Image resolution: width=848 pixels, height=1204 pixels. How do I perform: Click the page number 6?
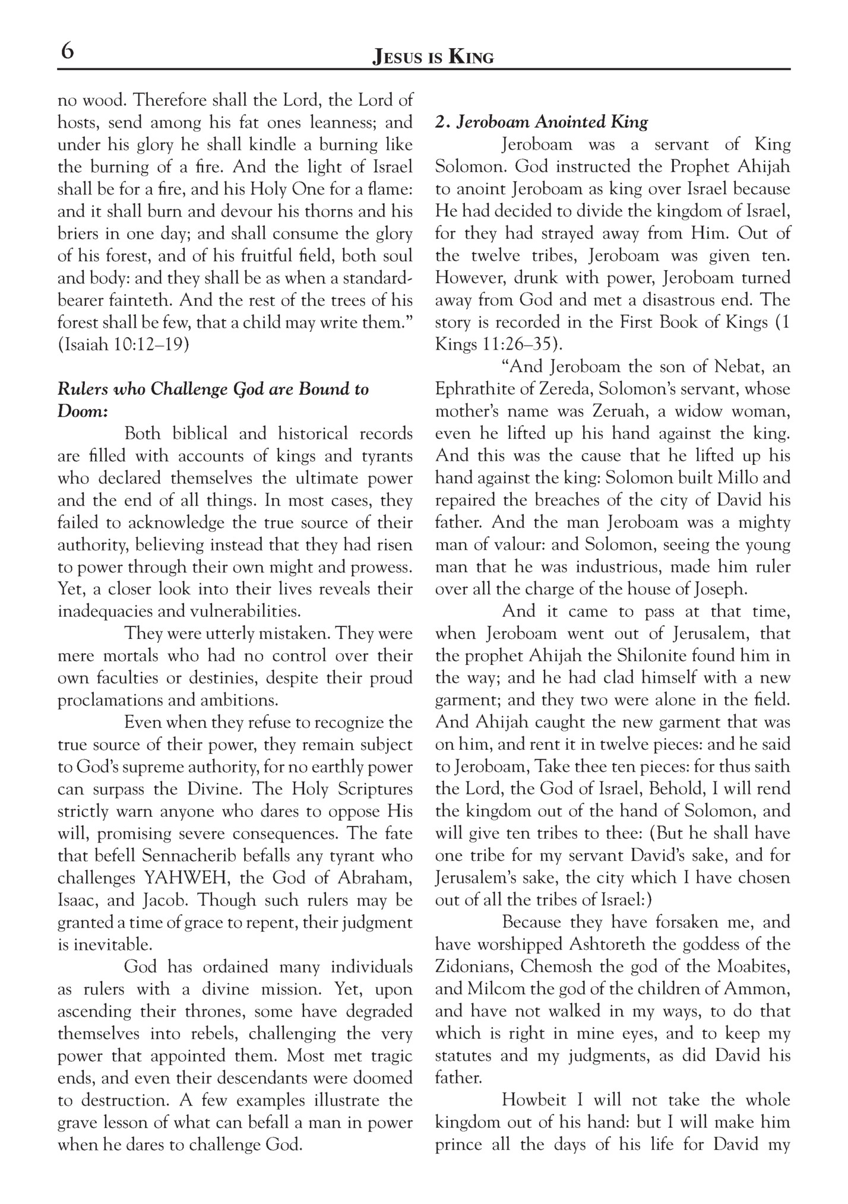click(x=67, y=52)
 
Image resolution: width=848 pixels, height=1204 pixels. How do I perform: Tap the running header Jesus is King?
click(x=432, y=57)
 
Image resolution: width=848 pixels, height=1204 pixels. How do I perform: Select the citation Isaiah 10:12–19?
click(x=124, y=345)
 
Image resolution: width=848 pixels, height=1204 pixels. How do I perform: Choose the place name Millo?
click(x=742, y=478)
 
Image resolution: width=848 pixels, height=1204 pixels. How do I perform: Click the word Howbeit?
click(x=535, y=1100)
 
